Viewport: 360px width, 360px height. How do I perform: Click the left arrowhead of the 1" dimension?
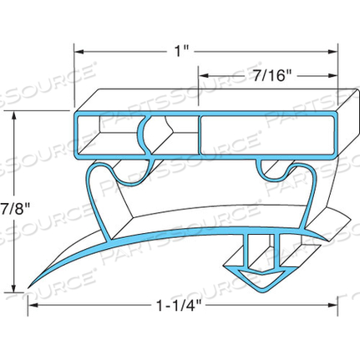79,51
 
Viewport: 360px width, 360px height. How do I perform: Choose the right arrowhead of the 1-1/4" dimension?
338,307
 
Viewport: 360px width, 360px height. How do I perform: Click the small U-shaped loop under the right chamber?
275,171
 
